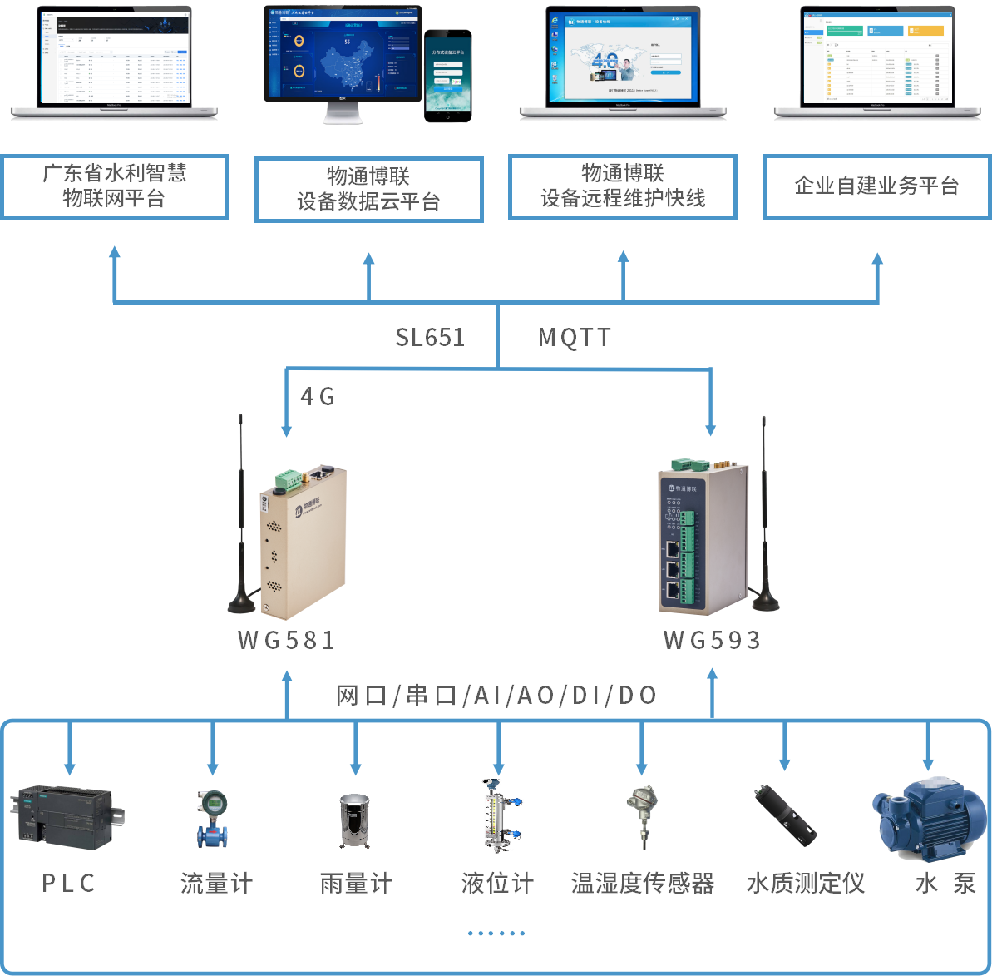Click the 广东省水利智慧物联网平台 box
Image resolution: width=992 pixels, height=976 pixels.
coord(114,186)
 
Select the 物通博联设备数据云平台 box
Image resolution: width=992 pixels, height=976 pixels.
coord(368,190)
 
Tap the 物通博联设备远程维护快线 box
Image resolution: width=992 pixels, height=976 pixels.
coord(623,186)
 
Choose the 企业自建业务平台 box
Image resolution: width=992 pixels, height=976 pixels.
coord(876,186)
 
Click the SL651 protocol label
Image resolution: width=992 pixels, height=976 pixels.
coord(430,337)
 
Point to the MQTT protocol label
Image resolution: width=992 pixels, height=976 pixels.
coord(575,337)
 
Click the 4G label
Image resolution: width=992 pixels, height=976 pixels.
coord(317,397)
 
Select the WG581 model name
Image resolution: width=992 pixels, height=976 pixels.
coord(286,640)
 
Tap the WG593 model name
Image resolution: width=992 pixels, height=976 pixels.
coord(712,640)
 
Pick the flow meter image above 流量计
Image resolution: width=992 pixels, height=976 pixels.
coord(213,819)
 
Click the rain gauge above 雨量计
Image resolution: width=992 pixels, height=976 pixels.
coord(355,821)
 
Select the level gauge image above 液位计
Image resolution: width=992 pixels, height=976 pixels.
coord(499,815)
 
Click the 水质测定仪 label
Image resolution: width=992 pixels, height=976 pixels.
coord(806,883)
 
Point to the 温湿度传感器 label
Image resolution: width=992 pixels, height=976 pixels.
coord(642,883)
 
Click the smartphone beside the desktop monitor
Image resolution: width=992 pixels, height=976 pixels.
coord(447,76)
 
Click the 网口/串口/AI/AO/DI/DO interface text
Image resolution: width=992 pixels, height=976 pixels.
coord(496,695)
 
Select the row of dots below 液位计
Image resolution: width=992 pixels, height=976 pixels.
coord(496,934)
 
